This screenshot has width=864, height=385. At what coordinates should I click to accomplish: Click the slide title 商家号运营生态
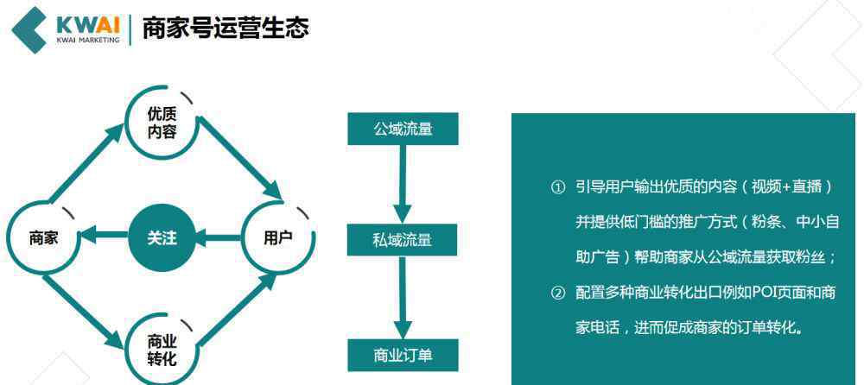226,28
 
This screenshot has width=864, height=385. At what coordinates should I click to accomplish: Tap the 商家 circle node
43,238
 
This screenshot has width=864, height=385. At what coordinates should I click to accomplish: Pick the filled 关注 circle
162,238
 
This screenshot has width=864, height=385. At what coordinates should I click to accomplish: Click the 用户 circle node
278,238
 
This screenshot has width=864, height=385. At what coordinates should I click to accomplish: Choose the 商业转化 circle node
162,352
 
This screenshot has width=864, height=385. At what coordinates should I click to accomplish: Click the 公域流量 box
403,129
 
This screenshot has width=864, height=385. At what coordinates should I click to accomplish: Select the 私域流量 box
403,240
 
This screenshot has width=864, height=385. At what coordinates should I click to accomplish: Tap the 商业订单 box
403,356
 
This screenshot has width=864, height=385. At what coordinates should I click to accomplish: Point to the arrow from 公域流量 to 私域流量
403,185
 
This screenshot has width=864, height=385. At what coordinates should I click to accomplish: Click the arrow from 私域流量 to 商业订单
403,298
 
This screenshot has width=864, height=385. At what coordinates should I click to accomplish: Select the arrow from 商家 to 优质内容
86,162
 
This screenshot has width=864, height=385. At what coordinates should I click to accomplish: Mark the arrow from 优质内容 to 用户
240,161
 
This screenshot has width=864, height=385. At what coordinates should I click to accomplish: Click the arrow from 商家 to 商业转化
84,312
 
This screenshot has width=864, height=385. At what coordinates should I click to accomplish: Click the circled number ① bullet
558,188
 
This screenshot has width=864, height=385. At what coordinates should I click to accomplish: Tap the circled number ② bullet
558,293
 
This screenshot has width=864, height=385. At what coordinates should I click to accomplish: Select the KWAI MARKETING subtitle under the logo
88,41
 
